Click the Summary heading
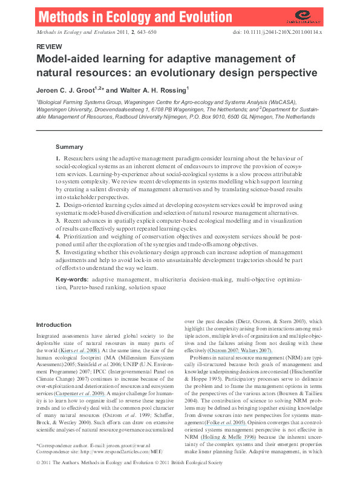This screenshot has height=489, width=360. tap(69, 147)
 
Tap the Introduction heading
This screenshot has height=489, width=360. tap(54, 325)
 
